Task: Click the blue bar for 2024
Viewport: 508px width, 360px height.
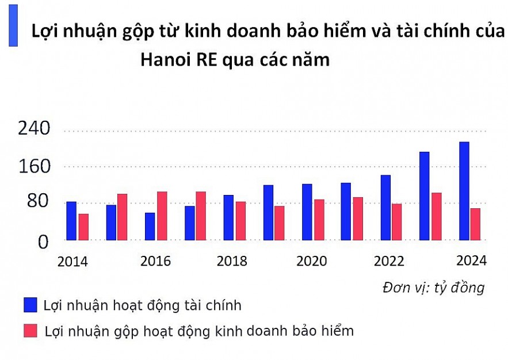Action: click(464, 191)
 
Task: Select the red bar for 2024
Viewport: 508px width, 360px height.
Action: click(475, 224)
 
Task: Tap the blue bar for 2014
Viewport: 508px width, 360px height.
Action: click(71, 221)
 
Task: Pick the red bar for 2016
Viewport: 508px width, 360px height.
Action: click(162, 216)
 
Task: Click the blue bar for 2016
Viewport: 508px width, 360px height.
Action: click(150, 226)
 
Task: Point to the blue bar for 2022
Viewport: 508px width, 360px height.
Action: click(385, 208)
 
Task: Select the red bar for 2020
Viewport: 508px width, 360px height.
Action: click(319, 220)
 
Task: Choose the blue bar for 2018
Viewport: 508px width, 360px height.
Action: click(228, 217)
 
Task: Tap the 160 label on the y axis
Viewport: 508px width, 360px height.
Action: click(34, 167)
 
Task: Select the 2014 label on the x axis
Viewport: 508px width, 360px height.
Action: click(72, 262)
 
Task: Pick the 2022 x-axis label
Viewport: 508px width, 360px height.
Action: click(389, 261)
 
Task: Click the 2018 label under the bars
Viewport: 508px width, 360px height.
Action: click(232, 261)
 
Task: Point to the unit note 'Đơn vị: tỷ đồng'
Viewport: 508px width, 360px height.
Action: click(433, 288)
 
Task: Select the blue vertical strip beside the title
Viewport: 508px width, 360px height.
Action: click(13, 26)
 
